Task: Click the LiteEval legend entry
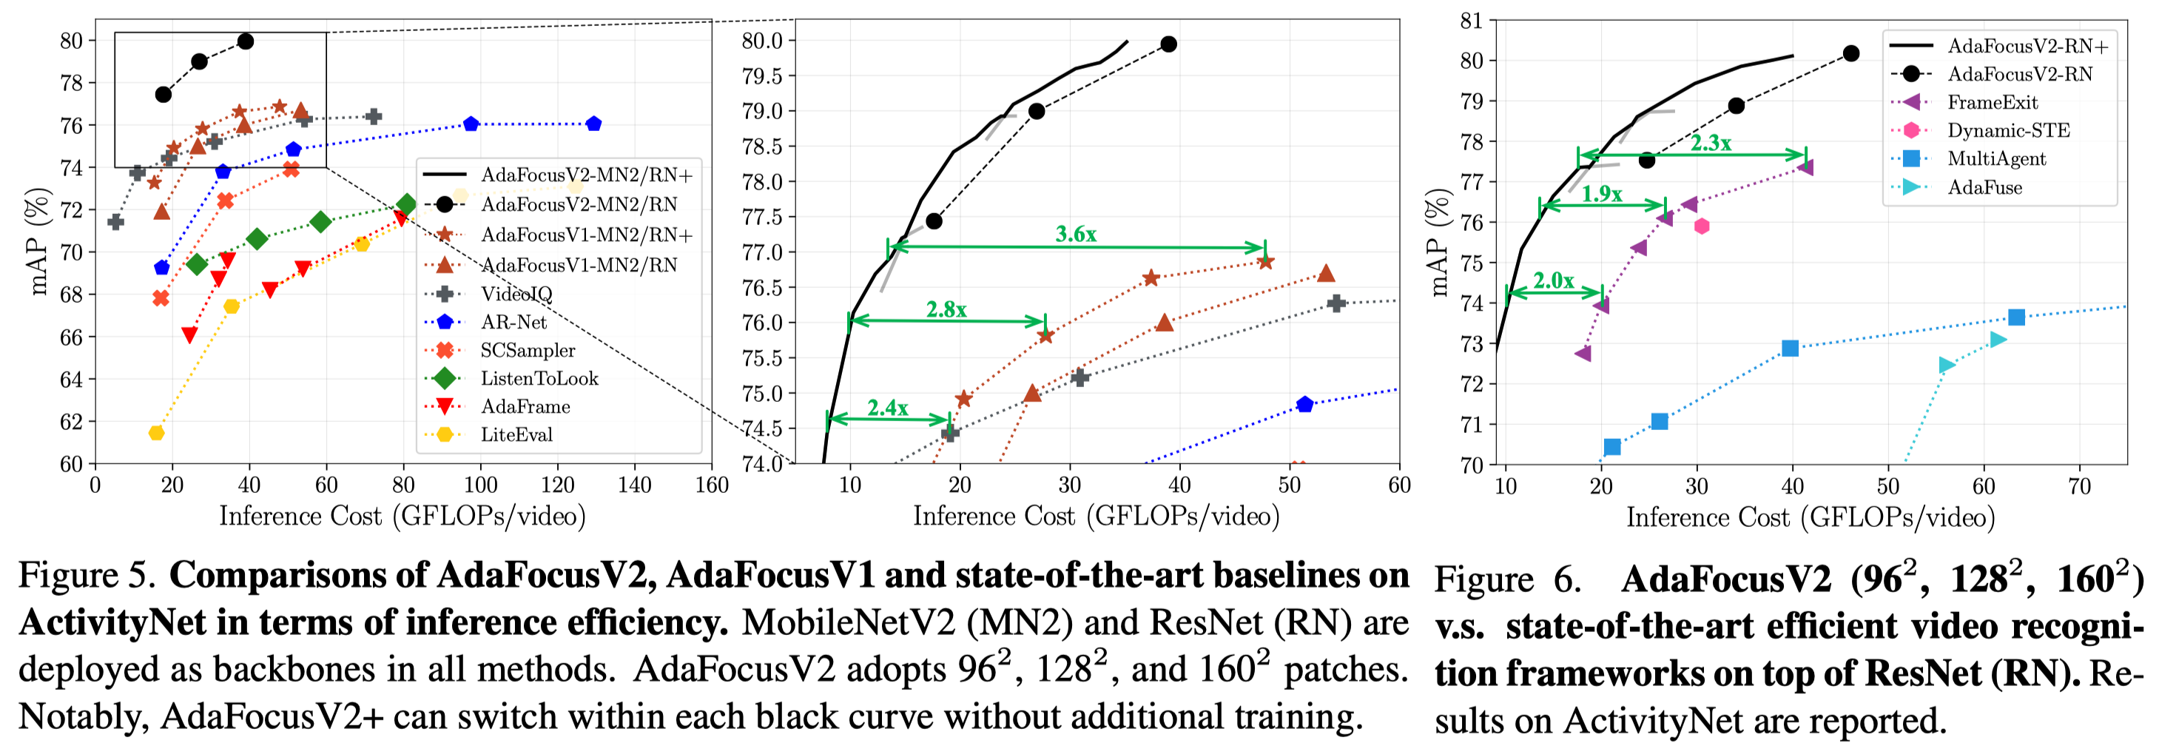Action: click(516, 434)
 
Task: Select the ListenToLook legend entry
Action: click(539, 378)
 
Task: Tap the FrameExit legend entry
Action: click(1993, 102)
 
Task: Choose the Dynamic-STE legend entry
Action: click(2008, 130)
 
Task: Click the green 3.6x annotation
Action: click(1075, 234)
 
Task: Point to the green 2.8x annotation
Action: click(946, 309)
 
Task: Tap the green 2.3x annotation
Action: click(1710, 143)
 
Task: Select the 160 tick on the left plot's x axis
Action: click(712, 485)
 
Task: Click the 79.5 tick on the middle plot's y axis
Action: click(762, 76)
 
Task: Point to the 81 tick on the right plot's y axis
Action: click(1472, 20)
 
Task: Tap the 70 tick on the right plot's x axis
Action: click(2079, 486)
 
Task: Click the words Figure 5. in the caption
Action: click(87, 576)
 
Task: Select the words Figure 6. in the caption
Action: click(1507, 580)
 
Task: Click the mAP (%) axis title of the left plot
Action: click(39, 241)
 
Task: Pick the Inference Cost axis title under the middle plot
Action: click(1096, 516)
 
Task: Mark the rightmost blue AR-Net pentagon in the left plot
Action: click(593, 124)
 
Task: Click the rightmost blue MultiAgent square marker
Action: click(2016, 317)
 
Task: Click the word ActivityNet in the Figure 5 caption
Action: click(112, 623)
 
